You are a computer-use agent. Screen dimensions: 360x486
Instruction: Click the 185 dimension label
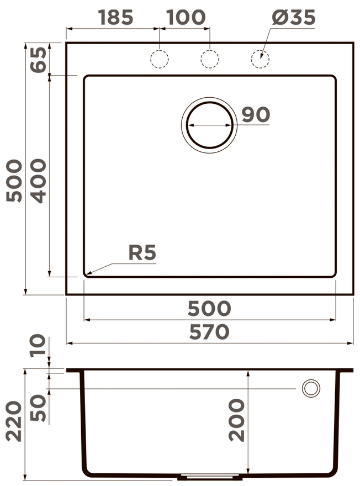click(116, 17)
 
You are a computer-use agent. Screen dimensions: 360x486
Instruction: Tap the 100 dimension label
click(186, 17)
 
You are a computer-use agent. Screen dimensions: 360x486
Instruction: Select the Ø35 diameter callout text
click(294, 17)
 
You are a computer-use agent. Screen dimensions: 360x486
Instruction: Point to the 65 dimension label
click(39, 60)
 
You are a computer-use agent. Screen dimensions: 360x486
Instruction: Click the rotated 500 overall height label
click(14, 181)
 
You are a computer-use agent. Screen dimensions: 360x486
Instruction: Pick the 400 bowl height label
click(39, 181)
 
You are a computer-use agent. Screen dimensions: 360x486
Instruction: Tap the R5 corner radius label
click(142, 252)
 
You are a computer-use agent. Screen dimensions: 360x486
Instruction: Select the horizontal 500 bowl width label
click(209, 308)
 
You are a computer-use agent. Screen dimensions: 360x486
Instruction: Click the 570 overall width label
click(209, 332)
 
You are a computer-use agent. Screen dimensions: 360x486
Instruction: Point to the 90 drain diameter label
click(256, 114)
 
